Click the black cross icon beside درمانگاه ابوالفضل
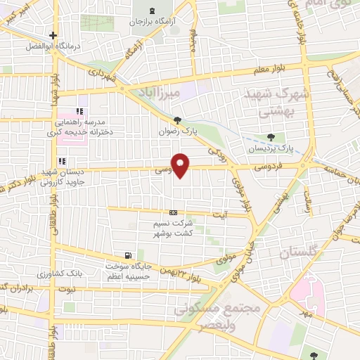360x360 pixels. (x=52, y=35)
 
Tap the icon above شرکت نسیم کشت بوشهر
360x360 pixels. (x=173, y=212)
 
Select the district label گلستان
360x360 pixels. (x=295, y=252)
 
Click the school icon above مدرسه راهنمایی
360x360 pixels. (x=79, y=111)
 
